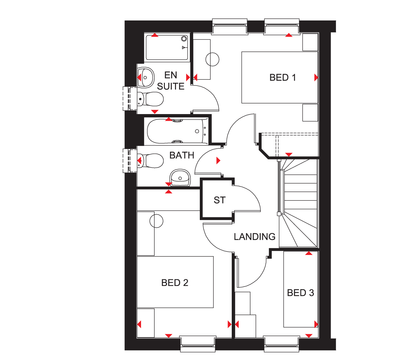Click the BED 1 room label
(x=282, y=77)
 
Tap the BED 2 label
(x=174, y=283)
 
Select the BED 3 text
(x=300, y=293)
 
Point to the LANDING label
(x=255, y=237)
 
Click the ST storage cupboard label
(x=220, y=200)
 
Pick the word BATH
(x=182, y=155)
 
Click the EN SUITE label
(x=171, y=81)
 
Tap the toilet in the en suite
(x=150, y=99)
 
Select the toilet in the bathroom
(x=150, y=160)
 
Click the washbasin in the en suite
(x=146, y=77)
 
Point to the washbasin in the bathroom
(x=180, y=178)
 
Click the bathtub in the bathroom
(x=177, y=131)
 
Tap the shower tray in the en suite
(x=167, y=48)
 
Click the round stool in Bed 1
(x=212, y=59)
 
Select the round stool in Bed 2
(x=156, y=221)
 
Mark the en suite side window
(x=130, y=98)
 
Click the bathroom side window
(x=130, y=160)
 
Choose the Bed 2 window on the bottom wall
(x=198, y=344)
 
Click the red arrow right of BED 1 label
(x=316, y=77)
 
